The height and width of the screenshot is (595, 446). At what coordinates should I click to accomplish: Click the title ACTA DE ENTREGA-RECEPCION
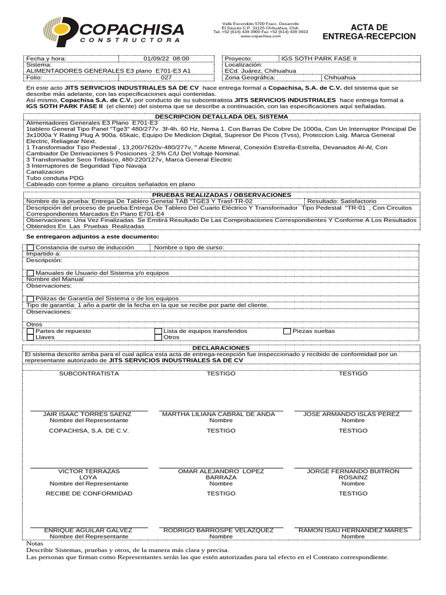369,32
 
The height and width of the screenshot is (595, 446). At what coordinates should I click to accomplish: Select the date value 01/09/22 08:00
166,59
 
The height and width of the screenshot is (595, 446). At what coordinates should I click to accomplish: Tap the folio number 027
166,77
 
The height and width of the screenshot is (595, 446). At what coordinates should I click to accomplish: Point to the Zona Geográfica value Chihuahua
340,77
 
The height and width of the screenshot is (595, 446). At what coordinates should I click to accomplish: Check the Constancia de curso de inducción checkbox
30,248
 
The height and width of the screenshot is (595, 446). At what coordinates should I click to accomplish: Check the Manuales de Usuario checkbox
30,273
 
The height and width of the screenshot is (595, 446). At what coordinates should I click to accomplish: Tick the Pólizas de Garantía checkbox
30,299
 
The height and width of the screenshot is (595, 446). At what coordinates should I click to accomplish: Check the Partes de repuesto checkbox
30,331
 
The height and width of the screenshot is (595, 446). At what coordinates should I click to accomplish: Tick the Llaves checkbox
30,337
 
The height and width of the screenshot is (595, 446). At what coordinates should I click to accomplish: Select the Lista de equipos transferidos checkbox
158,331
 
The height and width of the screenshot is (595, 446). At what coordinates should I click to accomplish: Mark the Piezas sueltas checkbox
287,331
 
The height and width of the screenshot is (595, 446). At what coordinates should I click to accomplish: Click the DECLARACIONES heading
222,347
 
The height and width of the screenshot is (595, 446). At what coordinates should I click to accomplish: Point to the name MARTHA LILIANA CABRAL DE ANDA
218,414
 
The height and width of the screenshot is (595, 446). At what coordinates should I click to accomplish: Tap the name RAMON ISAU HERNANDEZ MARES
353,530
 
